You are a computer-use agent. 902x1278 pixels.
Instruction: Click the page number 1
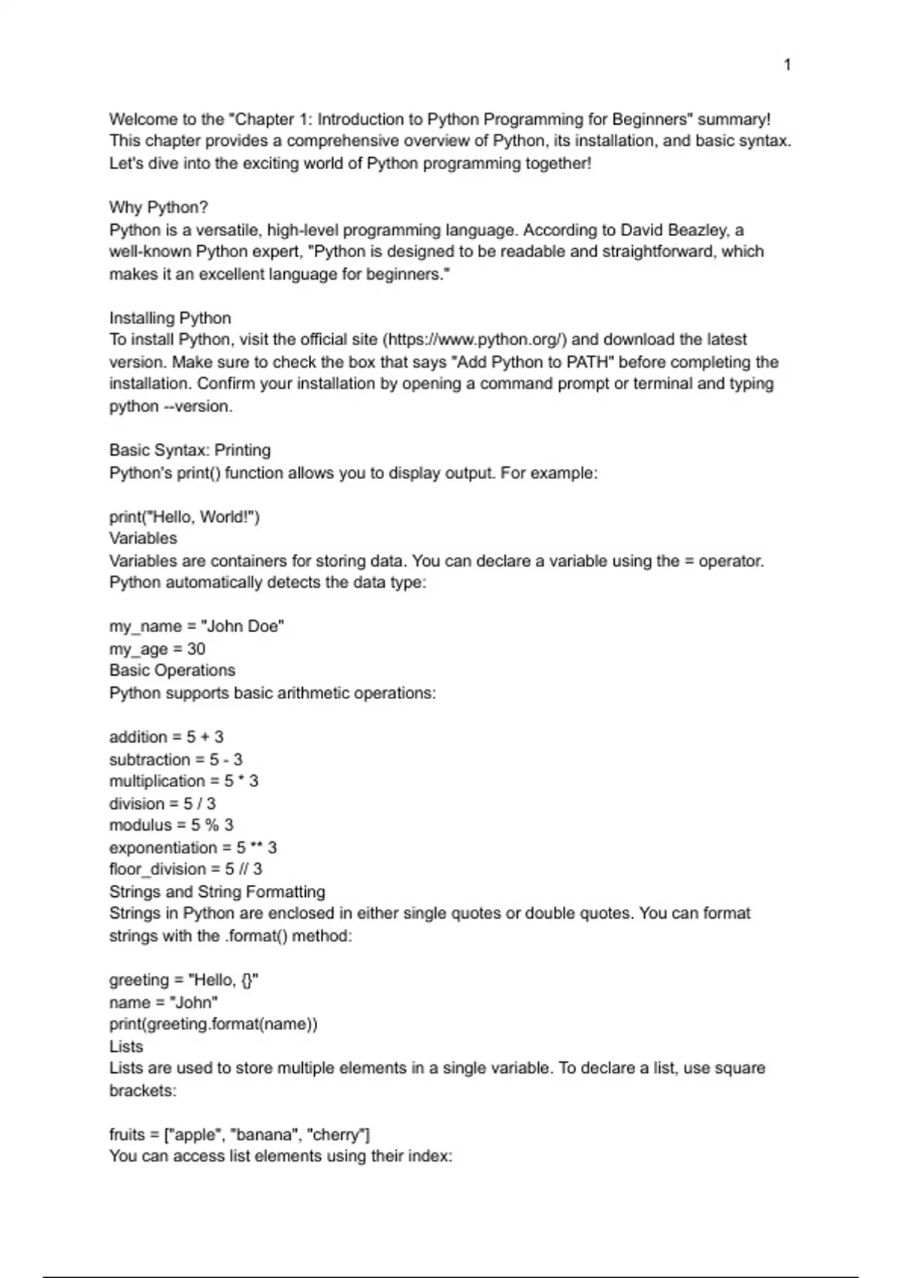(787, 65)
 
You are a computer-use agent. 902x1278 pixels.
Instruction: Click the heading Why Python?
(158, 207)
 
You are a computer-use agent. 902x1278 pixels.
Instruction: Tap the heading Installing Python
(170, 318)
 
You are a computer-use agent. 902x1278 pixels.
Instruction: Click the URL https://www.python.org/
(475, 340)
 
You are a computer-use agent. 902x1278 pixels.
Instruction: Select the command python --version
(171, 407)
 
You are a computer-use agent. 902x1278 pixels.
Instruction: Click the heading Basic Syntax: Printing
(189, 450)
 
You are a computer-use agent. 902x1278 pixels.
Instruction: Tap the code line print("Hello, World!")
(184, 517)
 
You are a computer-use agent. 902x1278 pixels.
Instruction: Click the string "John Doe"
(243, 627)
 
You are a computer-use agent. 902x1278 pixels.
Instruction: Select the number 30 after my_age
(196, 649)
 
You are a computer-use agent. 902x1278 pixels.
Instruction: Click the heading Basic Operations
(171, 671)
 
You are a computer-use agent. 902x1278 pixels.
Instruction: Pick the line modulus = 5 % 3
(171, 825)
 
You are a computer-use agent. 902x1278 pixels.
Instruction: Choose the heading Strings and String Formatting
(216, 892)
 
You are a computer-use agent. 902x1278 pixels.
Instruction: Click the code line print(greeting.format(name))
(213, 1025)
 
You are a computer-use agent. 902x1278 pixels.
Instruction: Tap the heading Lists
(126, 1046)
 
